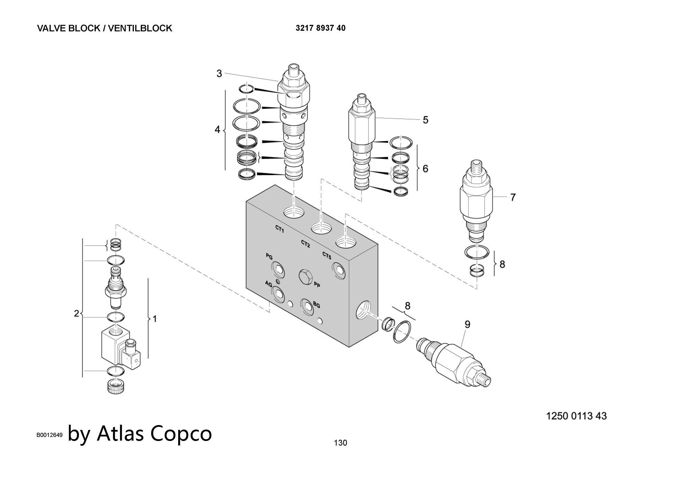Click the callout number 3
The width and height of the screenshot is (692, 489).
(219, 74)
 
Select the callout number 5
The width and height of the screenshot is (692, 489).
(426, 120)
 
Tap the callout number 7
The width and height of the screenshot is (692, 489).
(513, 197)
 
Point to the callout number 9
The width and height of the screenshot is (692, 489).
(467, 325)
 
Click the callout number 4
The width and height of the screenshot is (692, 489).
(217, 130)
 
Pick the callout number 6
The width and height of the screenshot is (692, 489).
(425, 169)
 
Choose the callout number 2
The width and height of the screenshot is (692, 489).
(76, 313)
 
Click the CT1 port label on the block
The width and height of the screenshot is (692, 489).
(280, 229)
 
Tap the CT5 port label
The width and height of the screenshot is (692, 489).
(327, 256)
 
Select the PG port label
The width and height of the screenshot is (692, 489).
(269, 256)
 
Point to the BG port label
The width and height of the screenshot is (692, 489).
(316, 305)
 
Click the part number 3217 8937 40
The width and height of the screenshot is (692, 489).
(320, 28)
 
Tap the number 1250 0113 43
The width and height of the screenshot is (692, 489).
(576, 416)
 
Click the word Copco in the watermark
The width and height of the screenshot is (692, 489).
(181, 433)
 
